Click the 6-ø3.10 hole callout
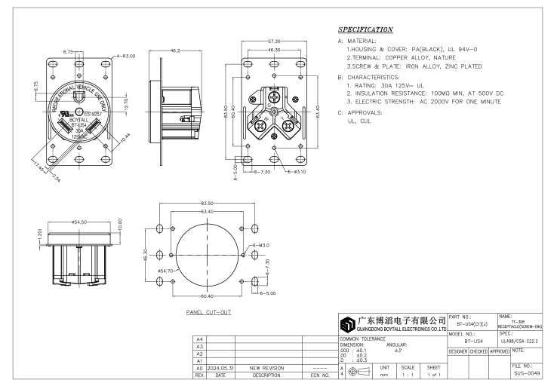coord(297,173)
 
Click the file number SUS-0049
coord(525,372)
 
